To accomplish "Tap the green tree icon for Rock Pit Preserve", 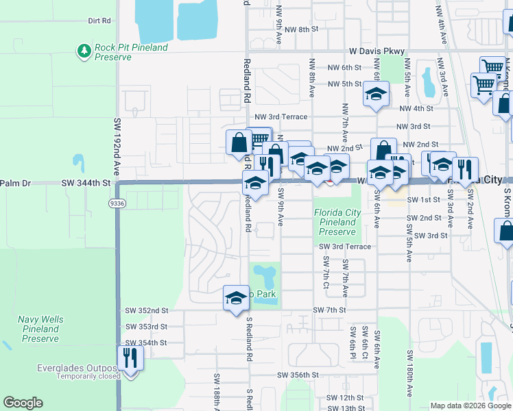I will [x=84, y=51].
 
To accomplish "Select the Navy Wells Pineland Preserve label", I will [x=40, y=329].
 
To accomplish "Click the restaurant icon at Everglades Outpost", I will [x=128, y=358].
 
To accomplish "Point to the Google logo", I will [x=23, y=403].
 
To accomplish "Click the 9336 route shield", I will [x=116, y=203].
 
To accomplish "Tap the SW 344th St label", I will [x=86, y=183].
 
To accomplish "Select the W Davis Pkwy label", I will [x=377, y=51].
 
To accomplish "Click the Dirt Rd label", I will [x=99, y=21].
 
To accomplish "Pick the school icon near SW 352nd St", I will [x=235, y=299].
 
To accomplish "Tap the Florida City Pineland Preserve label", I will [x=337, y=222].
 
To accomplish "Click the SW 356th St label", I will [x=298, y=375].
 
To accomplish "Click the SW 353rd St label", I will [x=146, y=327].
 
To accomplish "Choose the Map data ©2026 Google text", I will [x=470, y=406].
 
